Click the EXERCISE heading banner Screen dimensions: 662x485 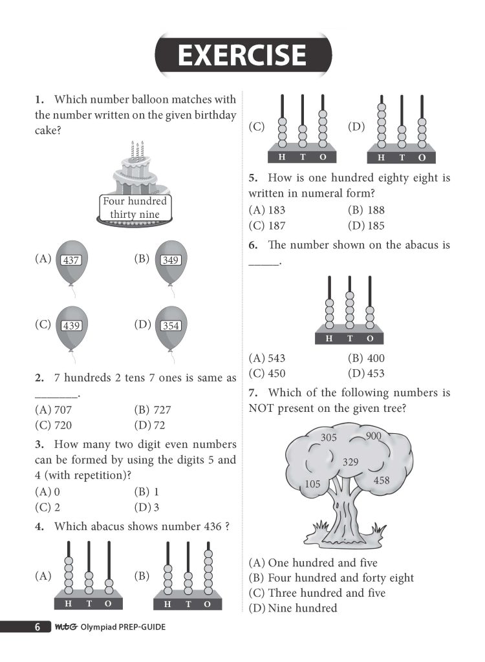pos(242,55)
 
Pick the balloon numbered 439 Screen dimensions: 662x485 pos(71,326)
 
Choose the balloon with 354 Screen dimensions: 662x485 pos(171,326)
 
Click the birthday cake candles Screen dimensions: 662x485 pos(136,150)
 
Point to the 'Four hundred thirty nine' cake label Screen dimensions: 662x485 pos(135,208)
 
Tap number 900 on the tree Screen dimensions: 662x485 pos(373,436)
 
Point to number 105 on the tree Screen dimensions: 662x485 pos(312,484)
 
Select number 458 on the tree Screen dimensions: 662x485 pos(382,480)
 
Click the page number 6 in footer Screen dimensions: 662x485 pos(38,627)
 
